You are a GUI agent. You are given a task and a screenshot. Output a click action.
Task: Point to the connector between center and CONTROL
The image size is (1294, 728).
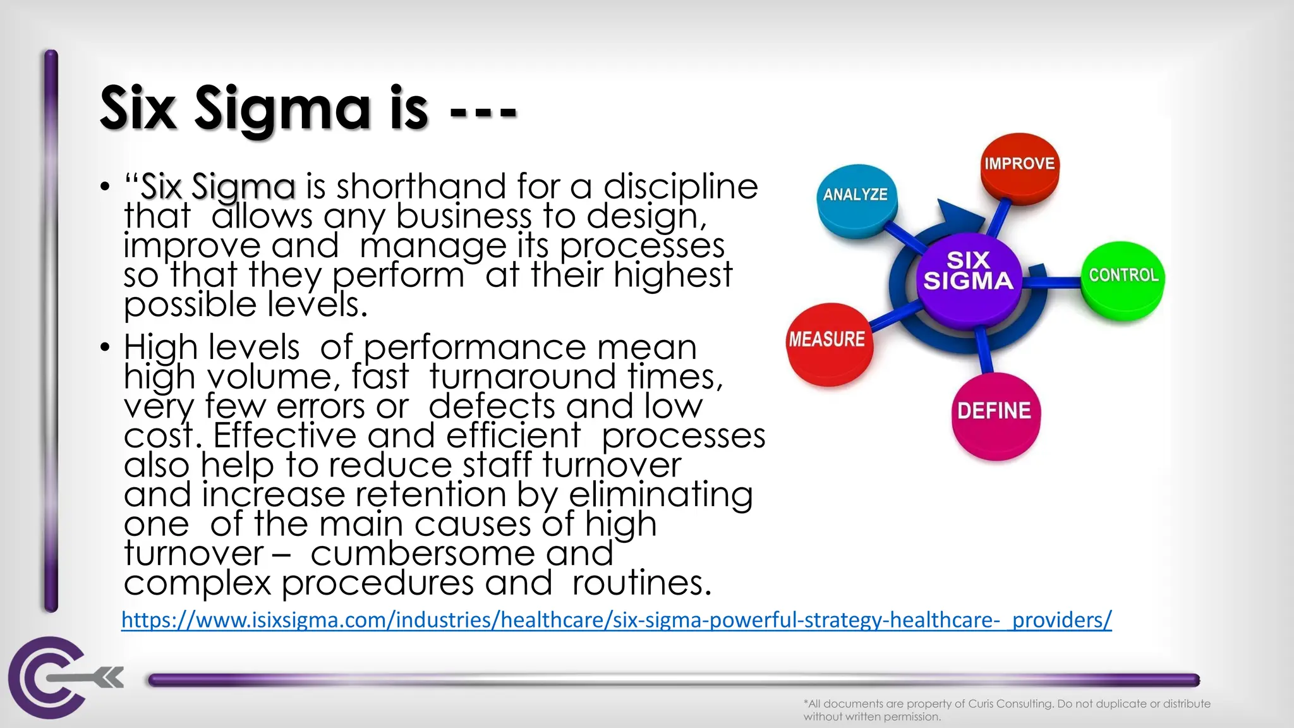pos(1052,281)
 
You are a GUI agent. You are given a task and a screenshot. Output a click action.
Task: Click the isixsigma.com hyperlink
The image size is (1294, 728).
pos(616,620)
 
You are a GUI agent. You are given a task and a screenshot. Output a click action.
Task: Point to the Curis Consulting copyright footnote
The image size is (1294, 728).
pos(1007,710)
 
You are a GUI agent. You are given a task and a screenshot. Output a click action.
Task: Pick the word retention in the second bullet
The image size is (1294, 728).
pos(430,495)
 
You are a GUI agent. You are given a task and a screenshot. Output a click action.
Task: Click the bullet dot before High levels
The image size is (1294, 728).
pos(105,347)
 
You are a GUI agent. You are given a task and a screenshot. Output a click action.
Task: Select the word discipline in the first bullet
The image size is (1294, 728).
pos(680,186)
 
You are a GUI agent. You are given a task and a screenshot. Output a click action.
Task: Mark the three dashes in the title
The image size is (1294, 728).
pos(483,112)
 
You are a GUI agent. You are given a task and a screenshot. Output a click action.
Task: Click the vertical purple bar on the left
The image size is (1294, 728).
pos(51,329)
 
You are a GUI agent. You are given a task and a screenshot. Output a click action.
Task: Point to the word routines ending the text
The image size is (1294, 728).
pos(641,583)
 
